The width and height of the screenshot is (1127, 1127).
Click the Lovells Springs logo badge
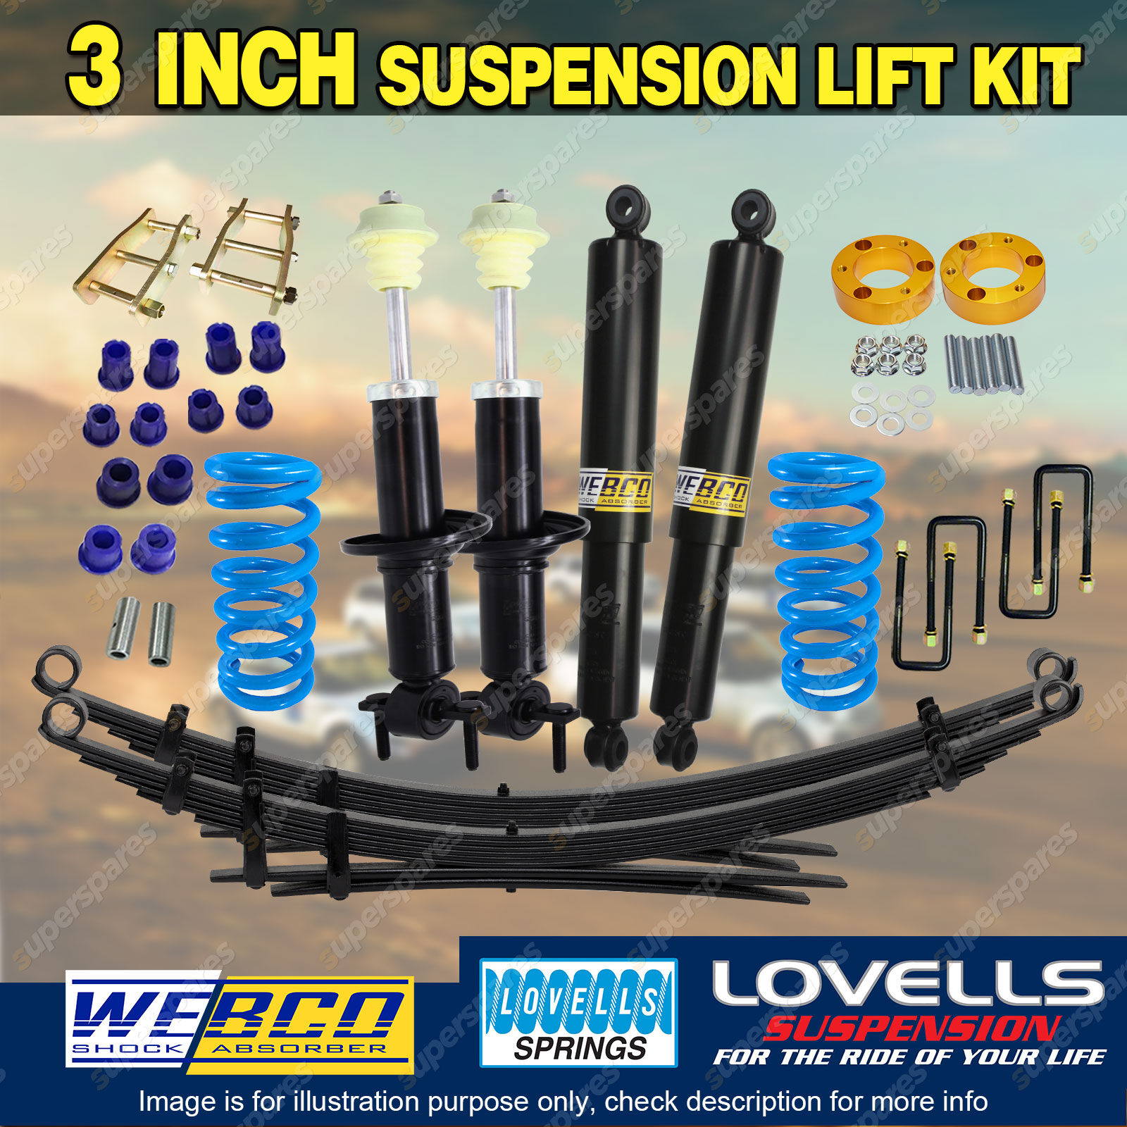578,1012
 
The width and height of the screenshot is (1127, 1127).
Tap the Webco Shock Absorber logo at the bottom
239,1022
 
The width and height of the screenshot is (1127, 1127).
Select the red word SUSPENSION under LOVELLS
913,1028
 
